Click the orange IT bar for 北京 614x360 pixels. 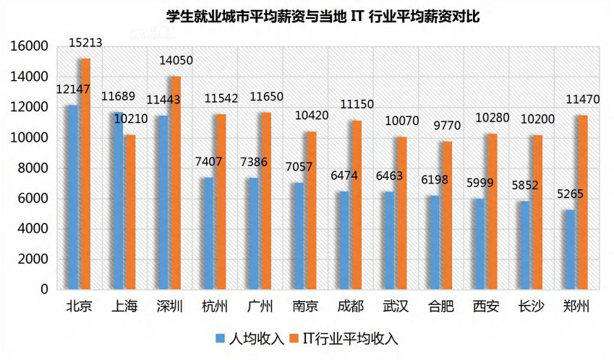click(x=85, y=173)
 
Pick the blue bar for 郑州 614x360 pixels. click(x=570, y=249)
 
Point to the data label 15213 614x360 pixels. click(x=85, y=43)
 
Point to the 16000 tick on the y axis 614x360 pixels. click(x=29, y=46)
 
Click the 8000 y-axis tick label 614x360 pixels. click(x=32, y=168)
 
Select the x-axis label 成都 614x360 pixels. click(x=350, y=307)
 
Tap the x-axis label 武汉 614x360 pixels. click(x=396, y=307)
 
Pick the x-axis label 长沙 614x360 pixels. click(x=531, y=307)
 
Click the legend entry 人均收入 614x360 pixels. click(x=250, y=338)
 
